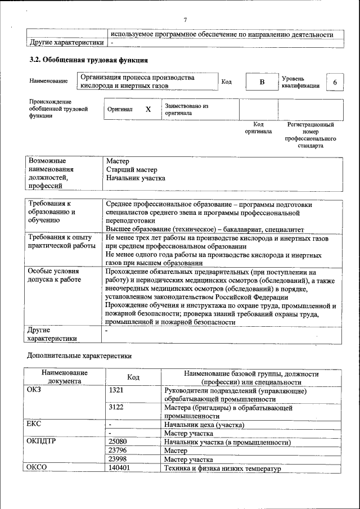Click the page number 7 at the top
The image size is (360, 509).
pos(185,20)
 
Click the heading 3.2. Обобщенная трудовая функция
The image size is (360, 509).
pos(88,59)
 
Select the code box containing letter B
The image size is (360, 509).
pos(261,83)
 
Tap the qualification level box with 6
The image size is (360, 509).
pos(335,83)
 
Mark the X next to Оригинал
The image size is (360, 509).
pos(148,110)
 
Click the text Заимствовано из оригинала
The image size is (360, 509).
pos(187,109)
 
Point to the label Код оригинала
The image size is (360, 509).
pos(258,128)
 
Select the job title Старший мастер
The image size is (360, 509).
pos(132,169)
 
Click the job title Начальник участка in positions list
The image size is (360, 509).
pos(136,178)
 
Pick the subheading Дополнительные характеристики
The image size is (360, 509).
pos(80,355)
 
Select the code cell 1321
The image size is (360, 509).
pos(116,390)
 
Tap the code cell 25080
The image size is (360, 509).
pos(118,442)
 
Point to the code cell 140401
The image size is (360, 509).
pos(119,468)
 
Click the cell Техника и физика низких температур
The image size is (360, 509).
pos(222,468)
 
